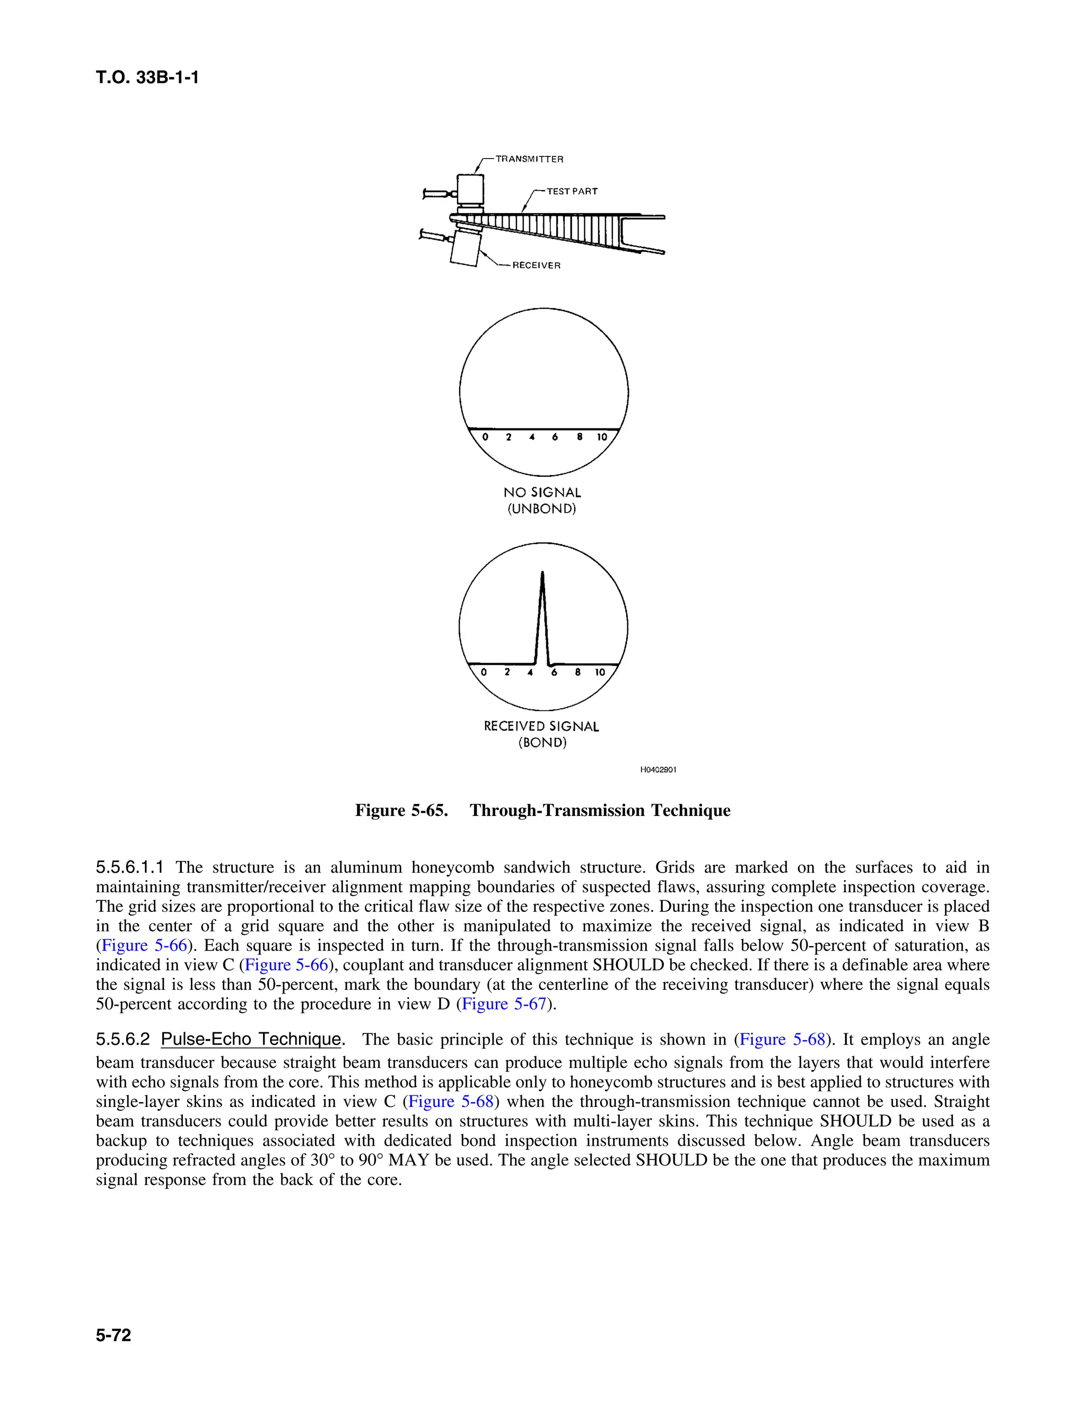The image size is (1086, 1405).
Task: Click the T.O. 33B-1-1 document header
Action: click(147, 78)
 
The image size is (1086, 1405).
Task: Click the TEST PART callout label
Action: click(572, 191)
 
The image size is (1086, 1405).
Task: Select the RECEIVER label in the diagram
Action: click(536, 266)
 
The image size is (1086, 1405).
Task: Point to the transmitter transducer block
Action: click(470, 188)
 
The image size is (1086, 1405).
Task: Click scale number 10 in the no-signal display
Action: click(601, 437)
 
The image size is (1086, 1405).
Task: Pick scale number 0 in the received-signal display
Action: click(484, 672)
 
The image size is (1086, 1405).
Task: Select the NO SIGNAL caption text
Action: click(542, 493)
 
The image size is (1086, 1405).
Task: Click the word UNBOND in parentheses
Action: click(542, 509)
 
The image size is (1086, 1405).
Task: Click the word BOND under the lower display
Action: click(542, 743)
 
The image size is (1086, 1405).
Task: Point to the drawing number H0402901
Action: click(658, 769)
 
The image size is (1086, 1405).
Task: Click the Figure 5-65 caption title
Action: click(542, 810)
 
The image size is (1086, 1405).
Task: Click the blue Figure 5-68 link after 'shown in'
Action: click(782, 1040)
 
